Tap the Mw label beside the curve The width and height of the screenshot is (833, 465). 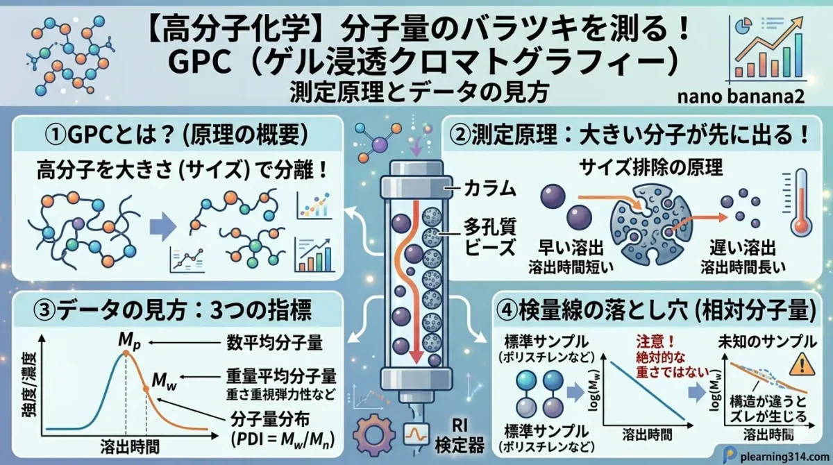click(x=165, y=381)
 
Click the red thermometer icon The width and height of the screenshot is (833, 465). click(x=798, y=203)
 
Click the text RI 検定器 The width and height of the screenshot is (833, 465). click(x=460, y=437)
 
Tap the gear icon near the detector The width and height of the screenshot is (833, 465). click(x=373, y=435)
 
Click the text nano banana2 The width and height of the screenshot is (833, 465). click(x=741, y=96)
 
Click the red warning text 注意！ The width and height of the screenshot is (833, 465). click(x=655, y=341)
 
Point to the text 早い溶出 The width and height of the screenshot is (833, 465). click(x=571, y=248)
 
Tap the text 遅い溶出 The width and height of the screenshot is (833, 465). click(x=743, y=248)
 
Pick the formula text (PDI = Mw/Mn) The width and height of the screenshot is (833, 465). click(x=283, y=440)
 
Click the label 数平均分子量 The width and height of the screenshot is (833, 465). click(x=274, y=343)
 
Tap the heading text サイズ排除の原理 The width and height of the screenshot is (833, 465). click(x=651, y=168)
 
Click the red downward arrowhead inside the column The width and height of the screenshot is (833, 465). click(x=417, y=357)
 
